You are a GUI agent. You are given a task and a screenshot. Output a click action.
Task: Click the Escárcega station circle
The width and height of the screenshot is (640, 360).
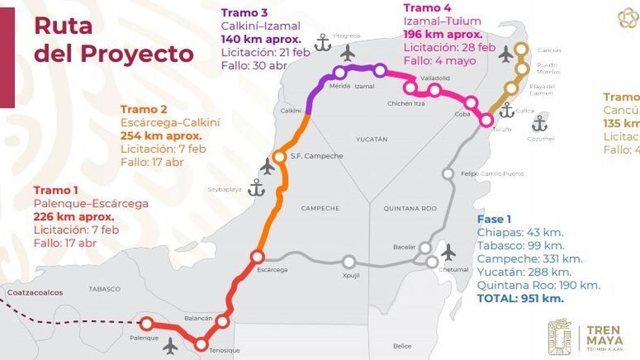coord(257,257)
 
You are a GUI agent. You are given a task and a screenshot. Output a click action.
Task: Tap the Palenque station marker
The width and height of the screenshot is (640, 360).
coord(146,323)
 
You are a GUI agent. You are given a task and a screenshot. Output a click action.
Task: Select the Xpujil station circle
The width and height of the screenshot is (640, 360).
coord(349,262)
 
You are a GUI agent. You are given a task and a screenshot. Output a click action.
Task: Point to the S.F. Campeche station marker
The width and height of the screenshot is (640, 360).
coord(279,156)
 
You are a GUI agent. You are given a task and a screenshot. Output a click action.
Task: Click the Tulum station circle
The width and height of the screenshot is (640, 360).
coord(485,119)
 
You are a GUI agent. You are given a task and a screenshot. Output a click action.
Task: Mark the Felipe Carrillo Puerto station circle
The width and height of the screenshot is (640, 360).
coord(448,174)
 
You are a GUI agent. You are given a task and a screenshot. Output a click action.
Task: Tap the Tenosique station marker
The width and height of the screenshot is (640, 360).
coord(201,344)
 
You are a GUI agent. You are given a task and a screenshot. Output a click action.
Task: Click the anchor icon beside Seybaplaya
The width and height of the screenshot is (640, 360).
coord(257,188)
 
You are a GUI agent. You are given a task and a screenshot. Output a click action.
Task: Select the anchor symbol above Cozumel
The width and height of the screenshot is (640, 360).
coord(540,123)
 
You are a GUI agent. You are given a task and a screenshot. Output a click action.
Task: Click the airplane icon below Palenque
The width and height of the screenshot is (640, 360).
coord(171,346)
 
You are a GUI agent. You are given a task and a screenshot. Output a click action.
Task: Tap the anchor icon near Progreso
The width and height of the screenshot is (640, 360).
coord(323,42)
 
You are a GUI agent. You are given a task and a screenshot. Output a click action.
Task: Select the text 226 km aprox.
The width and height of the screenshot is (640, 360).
coord(74,217)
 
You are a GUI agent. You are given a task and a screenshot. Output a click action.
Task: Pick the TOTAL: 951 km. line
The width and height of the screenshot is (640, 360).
coord(521,299)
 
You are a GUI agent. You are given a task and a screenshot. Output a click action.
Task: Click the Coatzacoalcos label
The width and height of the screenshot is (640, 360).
coord(35,292)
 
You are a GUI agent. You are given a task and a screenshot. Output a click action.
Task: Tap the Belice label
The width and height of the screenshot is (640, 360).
coord(402,346)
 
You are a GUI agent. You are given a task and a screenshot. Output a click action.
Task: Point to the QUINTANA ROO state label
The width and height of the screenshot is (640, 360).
coord(410,209)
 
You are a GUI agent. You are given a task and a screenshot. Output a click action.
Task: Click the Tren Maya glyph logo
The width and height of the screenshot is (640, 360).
coord(561,335)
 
